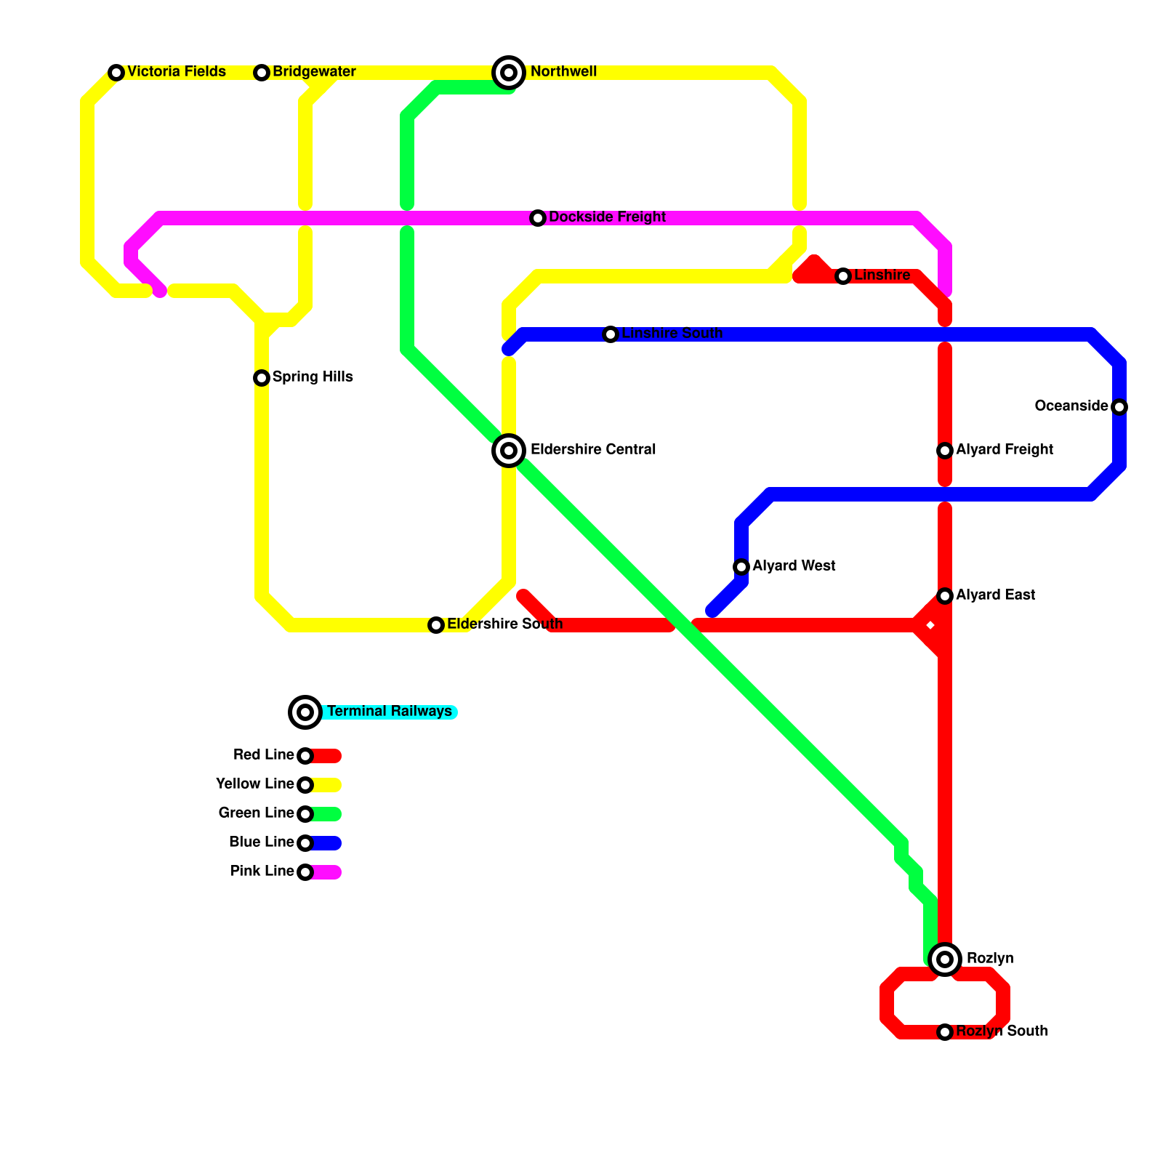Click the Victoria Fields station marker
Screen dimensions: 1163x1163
click(116, 73)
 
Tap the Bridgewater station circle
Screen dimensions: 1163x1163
click(262, 73)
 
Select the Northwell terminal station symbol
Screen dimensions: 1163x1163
click(509, 73)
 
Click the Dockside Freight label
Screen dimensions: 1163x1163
click(607, 217)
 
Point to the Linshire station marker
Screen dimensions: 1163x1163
click(843, 276)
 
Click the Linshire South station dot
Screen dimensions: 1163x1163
click(611, 334)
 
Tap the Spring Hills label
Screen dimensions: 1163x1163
click(313, 377)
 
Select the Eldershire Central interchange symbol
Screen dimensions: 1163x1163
click(509, 451)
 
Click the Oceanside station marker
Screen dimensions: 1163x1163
click(1119, 407)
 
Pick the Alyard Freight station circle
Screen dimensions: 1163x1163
click(945, 451)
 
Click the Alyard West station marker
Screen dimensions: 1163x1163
click(741, 567)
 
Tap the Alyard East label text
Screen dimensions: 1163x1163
click(995, 595)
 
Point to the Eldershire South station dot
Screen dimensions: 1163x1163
click(436, 625)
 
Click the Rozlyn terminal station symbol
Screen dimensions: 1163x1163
click(945, 959)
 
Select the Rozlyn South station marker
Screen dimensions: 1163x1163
click(945, 1032)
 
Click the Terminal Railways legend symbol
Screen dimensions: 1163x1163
click(305, 712)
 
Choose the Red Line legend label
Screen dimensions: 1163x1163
click(263, 755)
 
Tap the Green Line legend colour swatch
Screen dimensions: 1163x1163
click(327, 814)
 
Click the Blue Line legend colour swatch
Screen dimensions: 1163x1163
click(327, 843)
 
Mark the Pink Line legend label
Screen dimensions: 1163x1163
click(262, 872)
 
